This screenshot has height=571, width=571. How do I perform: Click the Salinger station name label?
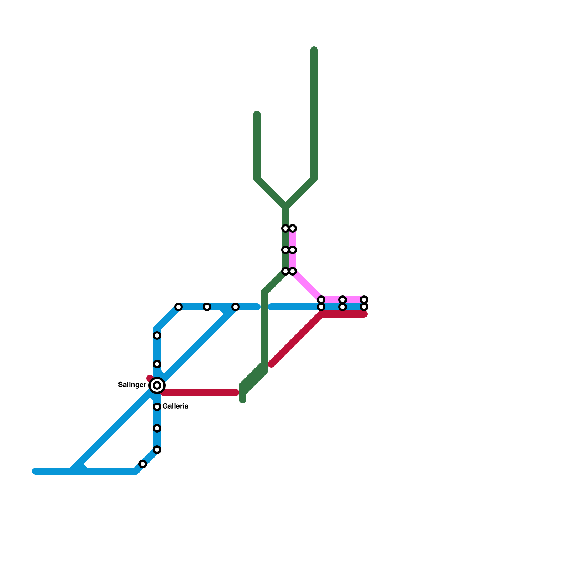(132, 385)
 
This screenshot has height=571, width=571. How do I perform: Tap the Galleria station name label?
(175, 406)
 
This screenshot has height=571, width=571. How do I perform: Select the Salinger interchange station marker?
(157, 385)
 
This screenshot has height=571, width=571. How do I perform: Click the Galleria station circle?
(157, 407)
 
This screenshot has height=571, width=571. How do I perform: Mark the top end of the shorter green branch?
(257, 114)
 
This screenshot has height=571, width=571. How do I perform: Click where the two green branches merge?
(285, 207)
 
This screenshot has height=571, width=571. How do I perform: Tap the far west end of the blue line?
(35, 471)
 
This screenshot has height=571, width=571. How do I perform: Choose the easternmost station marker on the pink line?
(364, 299)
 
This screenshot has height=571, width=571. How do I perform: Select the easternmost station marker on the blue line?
(364, 307)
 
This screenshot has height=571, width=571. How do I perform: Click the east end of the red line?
(365, 314)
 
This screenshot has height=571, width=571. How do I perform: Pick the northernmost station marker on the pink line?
(293, 228)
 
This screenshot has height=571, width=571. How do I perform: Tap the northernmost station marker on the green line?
(285, 228)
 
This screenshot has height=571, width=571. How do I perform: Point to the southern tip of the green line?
(243, 400)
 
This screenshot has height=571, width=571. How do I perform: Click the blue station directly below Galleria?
(157, 428)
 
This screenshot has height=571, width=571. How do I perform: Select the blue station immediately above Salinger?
(157, 364)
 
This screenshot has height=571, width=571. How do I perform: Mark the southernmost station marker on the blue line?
(143, 464)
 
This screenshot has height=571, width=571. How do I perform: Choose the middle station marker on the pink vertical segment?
(293, 250)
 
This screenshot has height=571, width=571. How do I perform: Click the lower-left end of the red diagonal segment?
(271, 364)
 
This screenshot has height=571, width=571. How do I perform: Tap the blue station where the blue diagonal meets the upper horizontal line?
(235, 307)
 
